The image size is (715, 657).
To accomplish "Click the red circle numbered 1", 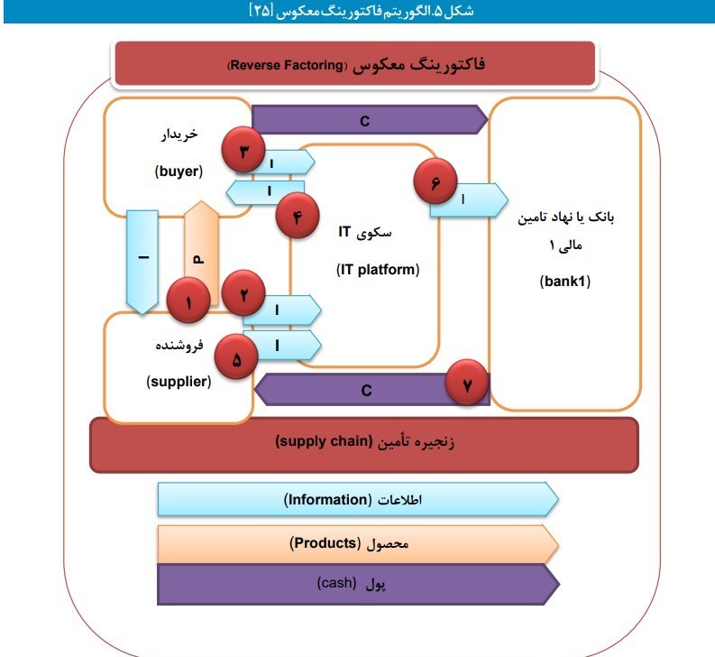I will coord(188,302).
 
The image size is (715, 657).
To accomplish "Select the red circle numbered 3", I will coord(244,152).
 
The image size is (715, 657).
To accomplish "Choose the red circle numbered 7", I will coord(466,384).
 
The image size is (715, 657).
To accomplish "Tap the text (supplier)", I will coord(179,382).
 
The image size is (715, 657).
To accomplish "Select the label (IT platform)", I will coord(378,269).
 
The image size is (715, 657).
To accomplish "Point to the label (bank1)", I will coord(565,281).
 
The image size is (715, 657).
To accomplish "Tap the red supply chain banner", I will coord(364,443).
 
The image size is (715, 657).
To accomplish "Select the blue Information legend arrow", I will coord(357,499).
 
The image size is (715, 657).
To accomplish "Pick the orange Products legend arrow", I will coord(357,544).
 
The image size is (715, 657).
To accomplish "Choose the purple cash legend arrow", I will coord(357,584).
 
